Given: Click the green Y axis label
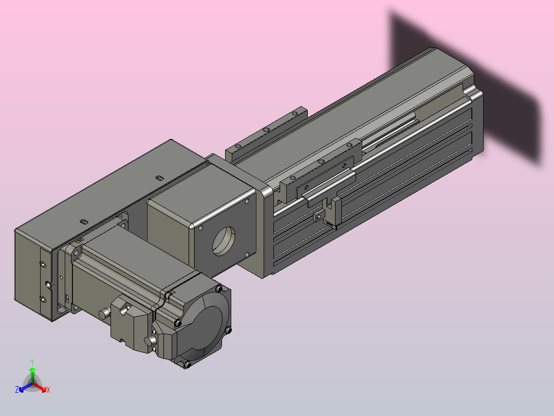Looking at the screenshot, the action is (x=32, y=362).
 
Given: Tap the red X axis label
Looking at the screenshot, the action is (x=48, y=390).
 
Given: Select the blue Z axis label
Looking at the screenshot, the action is (x=17, y=389).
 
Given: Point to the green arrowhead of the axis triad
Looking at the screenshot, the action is (x=32, y=370).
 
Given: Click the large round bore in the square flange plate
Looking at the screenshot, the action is (x=224, y=241).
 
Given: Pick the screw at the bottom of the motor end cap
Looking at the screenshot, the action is (x=187, y=364).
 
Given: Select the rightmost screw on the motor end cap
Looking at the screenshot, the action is (x=228, y=331).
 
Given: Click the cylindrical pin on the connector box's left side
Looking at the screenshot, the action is (x=104, y=314).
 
